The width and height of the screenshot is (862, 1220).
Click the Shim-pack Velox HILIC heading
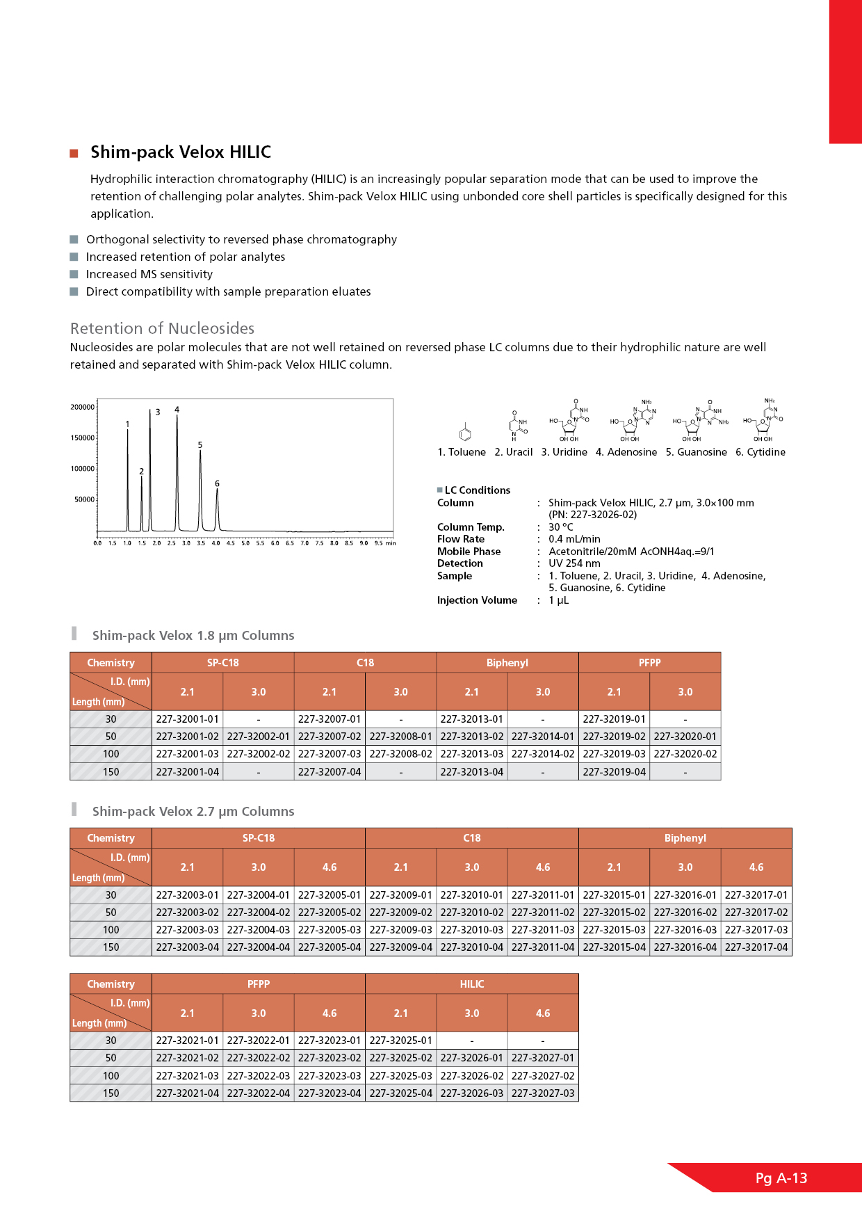click(x=181, y=152)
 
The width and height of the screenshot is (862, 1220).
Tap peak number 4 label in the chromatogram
click(x=177, y=410)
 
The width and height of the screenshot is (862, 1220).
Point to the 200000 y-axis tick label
click(x=83, y=407)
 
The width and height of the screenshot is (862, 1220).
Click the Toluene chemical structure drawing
click(x=465, y=433)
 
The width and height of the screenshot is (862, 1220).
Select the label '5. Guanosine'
click(x=696, y=452)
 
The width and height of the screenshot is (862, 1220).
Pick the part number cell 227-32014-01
click(x=543, y=737)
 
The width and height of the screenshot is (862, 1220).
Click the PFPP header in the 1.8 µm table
click(x=649, y=663)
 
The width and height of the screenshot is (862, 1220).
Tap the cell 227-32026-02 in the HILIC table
click(x=472, y=1075)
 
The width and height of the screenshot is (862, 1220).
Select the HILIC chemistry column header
click(x=472, y=984)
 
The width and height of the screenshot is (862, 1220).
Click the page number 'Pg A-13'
click(x=781, y=1178)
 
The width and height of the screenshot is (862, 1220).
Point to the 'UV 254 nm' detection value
click(x=574, y=563)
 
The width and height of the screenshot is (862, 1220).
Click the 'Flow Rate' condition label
click(x=461, y=539)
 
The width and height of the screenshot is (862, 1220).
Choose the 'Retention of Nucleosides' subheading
click(x=162, y=328)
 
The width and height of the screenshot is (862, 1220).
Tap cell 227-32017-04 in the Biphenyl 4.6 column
click(x=756, y=947)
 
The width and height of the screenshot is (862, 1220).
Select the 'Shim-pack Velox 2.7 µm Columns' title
click(x=193, y=812)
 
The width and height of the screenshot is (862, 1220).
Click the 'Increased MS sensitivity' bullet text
click(x=149, y=274)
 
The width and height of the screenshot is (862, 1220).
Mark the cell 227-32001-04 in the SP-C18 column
click(x=188, y=772)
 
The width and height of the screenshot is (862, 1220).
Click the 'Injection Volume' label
click(x=477, y=600)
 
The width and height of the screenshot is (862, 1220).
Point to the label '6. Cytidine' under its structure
click(x=761, y=452)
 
